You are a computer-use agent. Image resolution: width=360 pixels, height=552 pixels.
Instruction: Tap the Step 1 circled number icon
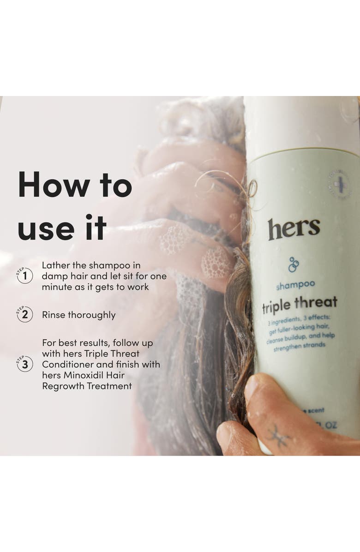24,276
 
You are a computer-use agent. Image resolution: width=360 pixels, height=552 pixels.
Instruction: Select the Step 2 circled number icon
24,315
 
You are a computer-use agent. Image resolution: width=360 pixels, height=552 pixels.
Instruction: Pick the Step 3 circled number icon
24,364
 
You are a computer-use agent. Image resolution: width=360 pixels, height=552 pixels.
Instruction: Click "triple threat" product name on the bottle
300,304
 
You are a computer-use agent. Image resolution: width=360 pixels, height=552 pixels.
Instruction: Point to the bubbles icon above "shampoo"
293,264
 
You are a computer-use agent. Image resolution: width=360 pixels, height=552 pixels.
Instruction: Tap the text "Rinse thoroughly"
78,315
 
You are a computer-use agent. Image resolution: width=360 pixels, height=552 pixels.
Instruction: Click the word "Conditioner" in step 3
68,365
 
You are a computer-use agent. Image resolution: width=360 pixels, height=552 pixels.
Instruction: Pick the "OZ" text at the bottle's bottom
330,425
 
